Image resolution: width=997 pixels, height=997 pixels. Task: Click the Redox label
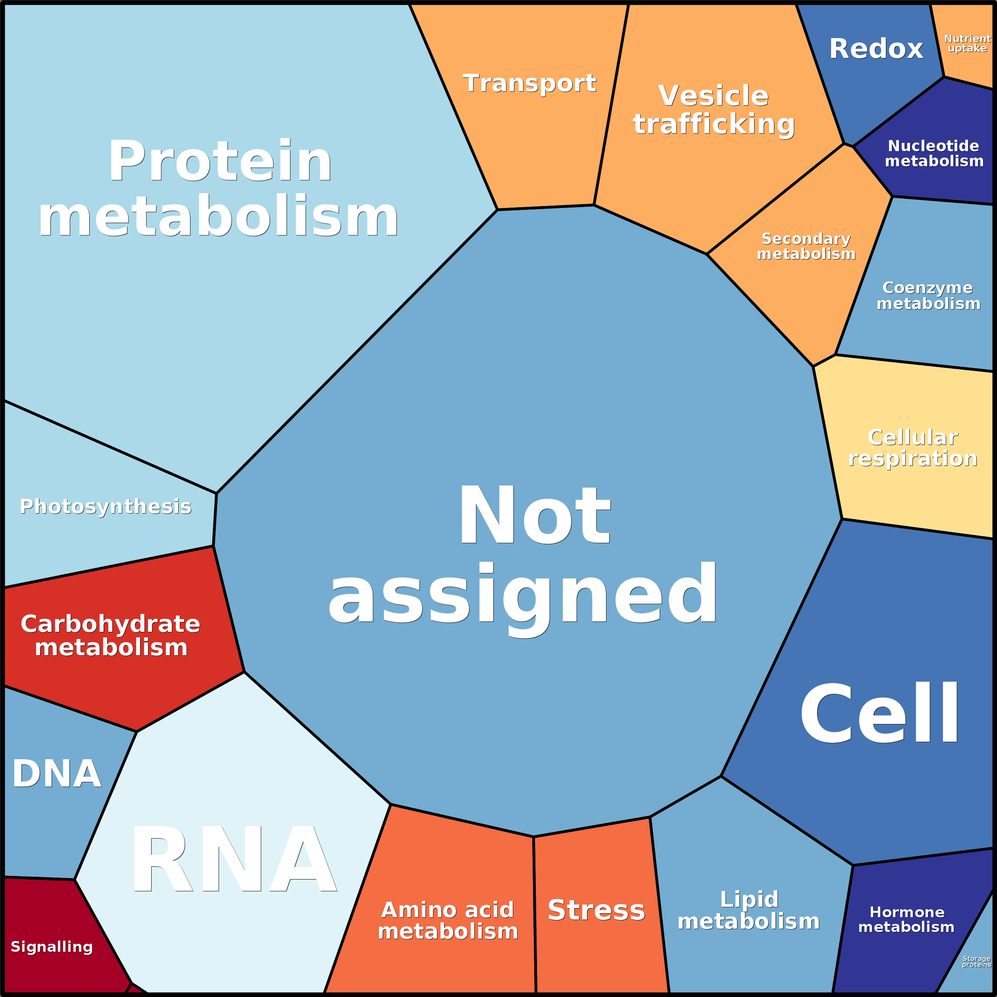[876, 49]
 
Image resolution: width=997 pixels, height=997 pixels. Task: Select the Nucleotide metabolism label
[933, 153]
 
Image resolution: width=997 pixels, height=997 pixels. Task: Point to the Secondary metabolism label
[806, 246]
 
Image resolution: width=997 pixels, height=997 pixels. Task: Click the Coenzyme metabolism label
[928, 295]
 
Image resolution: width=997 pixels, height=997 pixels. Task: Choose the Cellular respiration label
[912, 448]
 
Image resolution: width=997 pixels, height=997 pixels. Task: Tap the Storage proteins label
[976, 961]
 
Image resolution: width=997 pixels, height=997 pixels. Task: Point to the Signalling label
[52, 947]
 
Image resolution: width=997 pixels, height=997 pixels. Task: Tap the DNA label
[57, 774]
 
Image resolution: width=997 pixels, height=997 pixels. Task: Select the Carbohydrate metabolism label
[110, 635]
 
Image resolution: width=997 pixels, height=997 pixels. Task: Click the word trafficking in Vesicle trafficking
[714, 124]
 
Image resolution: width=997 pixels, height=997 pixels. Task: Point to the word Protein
[220, 161]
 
